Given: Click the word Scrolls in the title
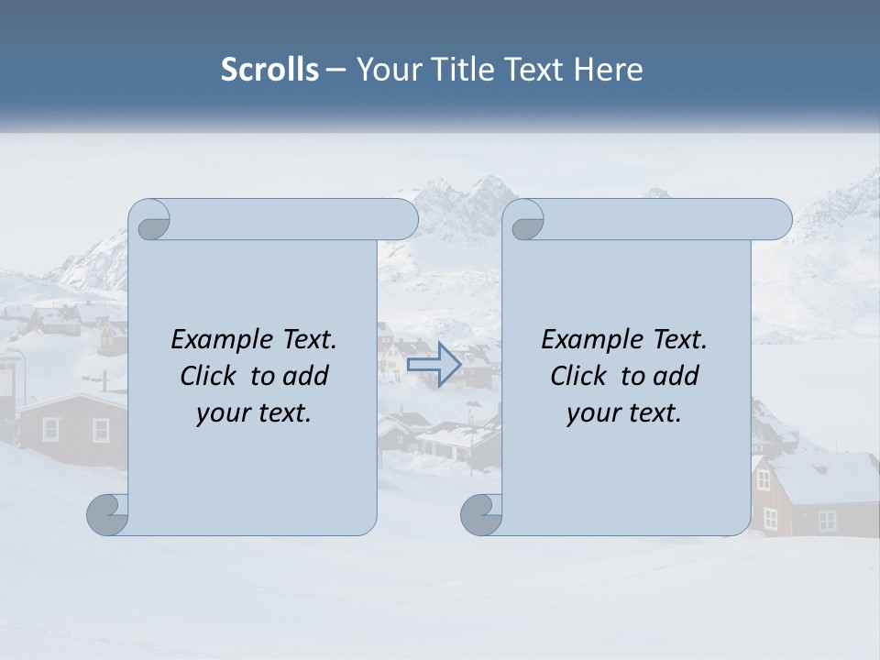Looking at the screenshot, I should point(270,70).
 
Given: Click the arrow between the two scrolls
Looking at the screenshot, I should point(434,364).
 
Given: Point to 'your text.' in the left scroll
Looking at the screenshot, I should point(254,412).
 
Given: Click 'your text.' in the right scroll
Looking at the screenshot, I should point(624,412).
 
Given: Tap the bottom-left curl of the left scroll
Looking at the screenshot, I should point(108,513).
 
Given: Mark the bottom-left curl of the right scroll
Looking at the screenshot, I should point(482,513).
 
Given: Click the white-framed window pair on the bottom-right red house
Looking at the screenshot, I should point(827,521).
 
